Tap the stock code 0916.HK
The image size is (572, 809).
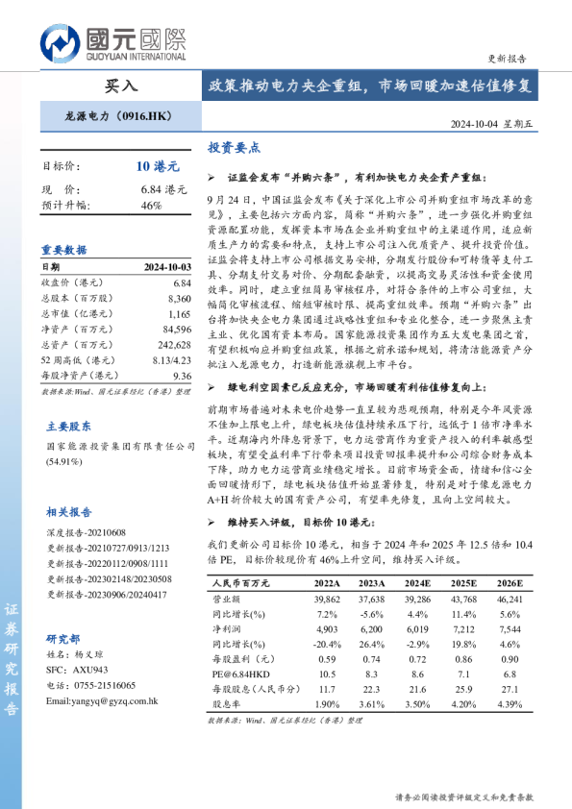tap(145, 115)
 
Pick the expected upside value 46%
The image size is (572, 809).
tap(151, 205)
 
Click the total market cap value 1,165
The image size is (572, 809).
tap(180, 314)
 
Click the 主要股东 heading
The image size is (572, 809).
tap(69, 426)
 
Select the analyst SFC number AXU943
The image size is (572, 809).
tap(92, 669)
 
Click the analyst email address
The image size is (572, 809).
tap(101, 700)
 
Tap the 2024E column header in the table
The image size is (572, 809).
tap(417, 583)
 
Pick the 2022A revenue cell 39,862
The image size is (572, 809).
tap(327, 598)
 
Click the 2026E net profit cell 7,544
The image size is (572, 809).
tap(509, 628)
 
